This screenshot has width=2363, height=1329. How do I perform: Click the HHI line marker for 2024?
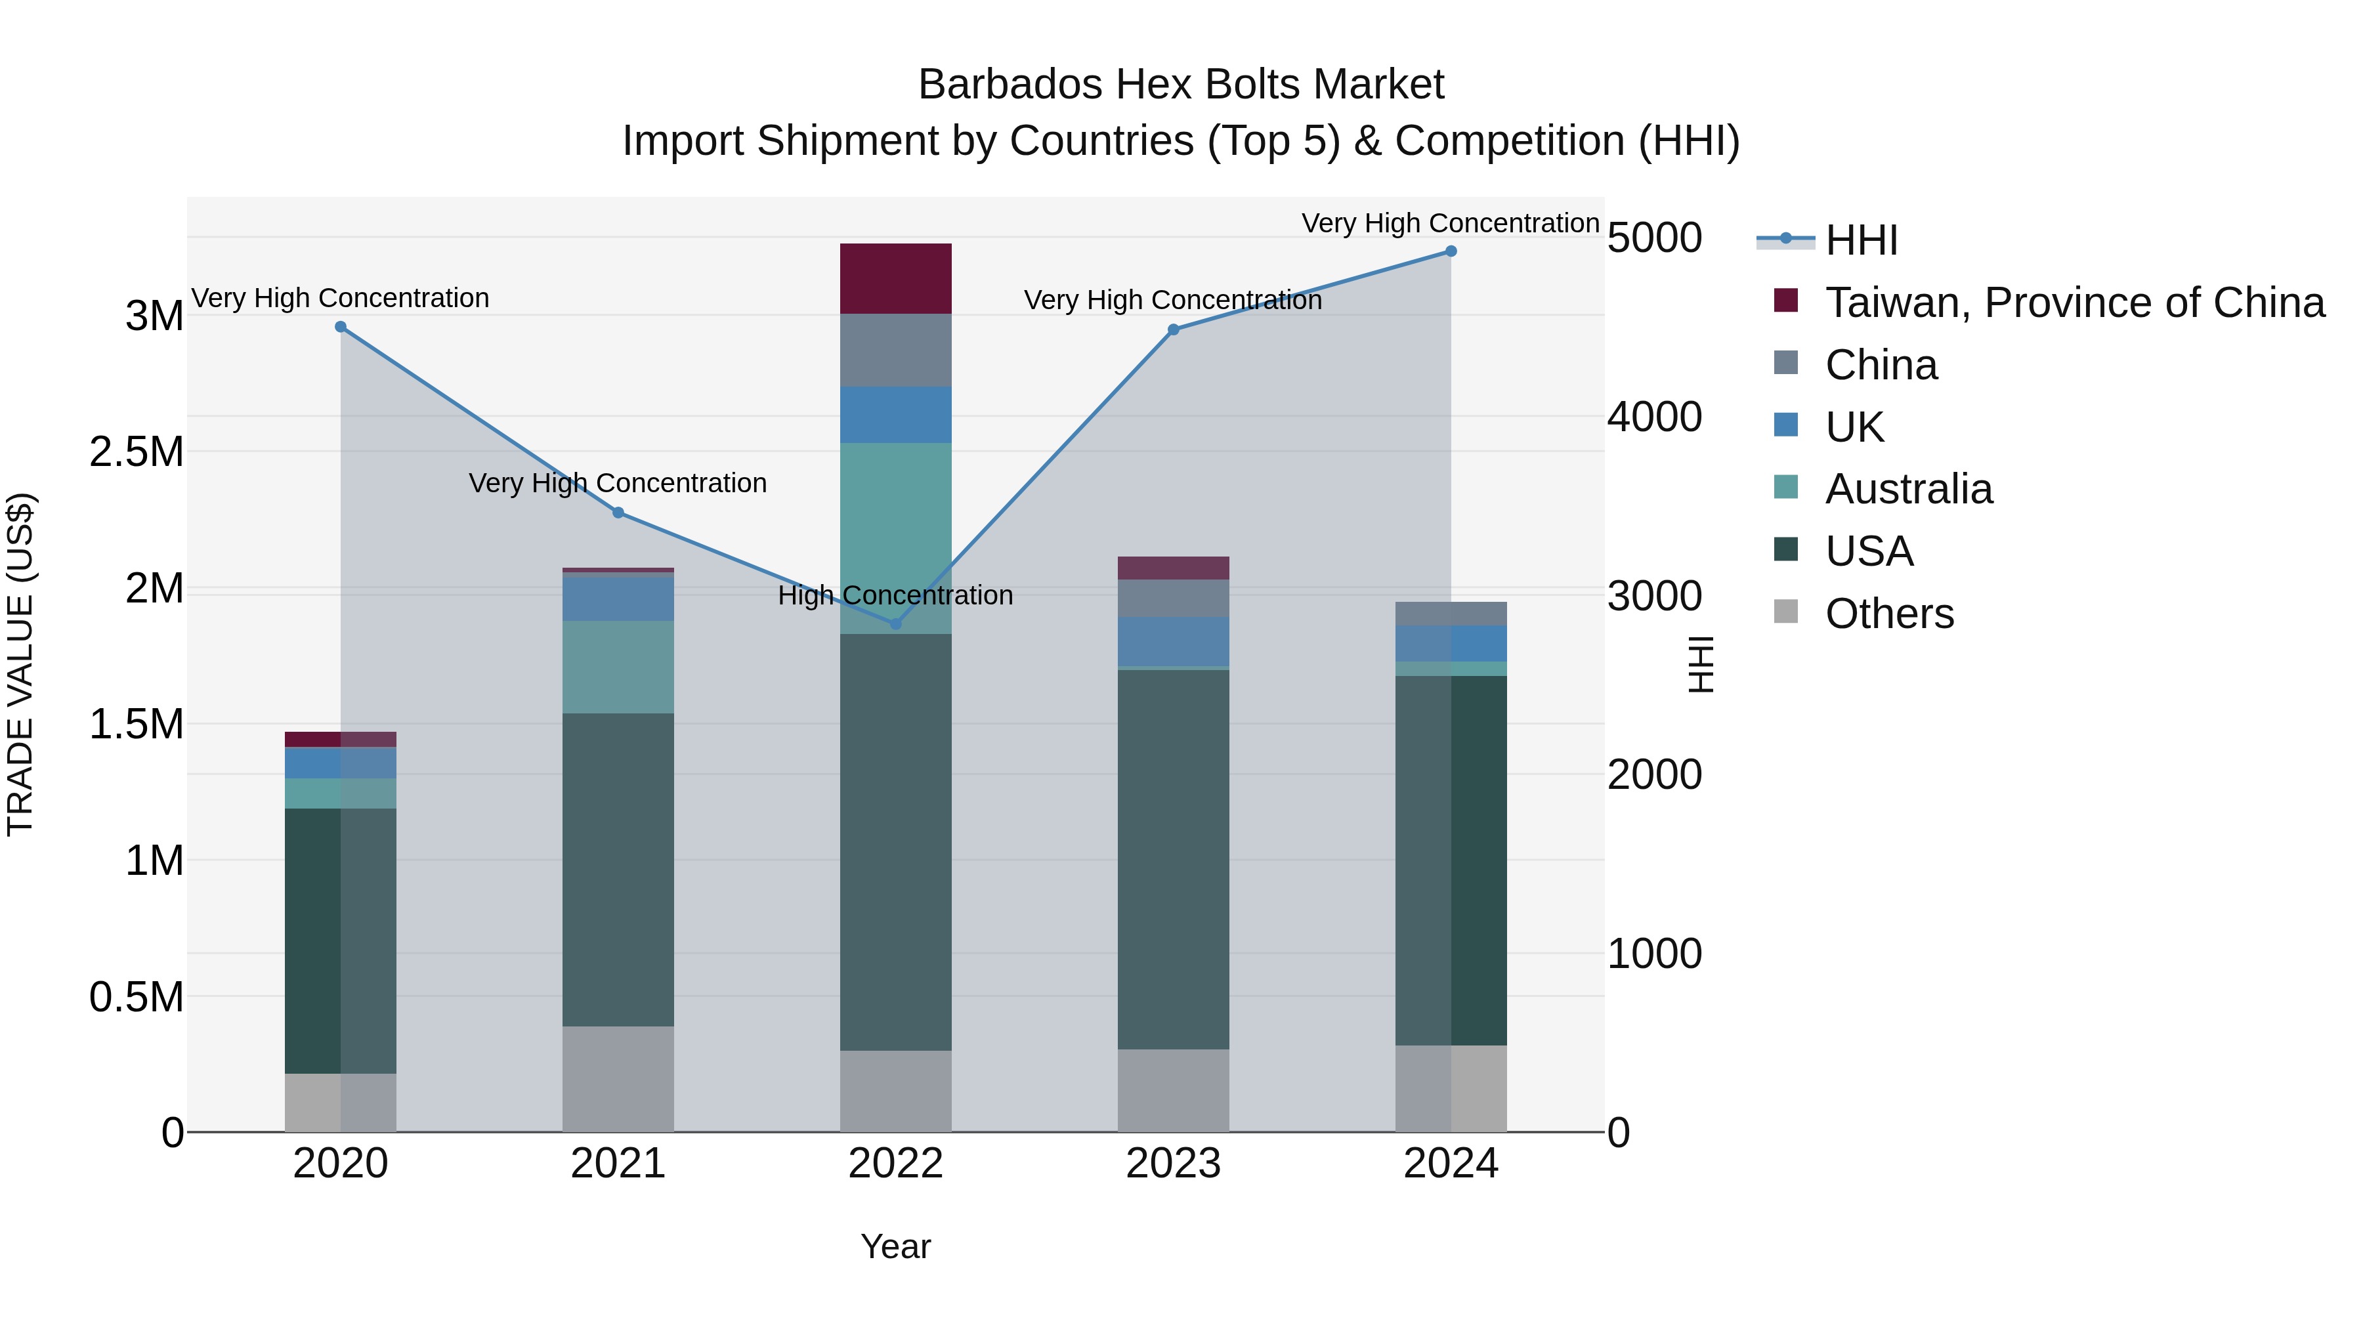(1450, 251)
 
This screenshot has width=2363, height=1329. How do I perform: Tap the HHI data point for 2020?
(340, 327)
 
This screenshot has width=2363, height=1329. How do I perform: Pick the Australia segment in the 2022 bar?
(896, 538)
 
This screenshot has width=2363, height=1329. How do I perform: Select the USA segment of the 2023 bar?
(1173, 859)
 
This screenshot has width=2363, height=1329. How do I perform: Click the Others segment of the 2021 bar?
(618, 1078)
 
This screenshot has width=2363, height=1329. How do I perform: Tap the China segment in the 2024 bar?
(1450, 614)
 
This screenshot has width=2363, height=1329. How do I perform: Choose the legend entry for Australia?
(1908, 489)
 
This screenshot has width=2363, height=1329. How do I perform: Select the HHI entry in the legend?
(1860, 240)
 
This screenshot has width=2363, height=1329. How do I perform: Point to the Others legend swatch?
(1786, 612)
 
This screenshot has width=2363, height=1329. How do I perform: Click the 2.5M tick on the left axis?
(136, 452)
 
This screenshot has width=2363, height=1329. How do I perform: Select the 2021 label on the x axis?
(618, 1164)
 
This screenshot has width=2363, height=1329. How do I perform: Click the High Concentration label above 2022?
(895, 595)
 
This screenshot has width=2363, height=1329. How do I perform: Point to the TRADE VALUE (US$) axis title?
(20, 664)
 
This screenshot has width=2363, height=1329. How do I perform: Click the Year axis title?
(895, 1246)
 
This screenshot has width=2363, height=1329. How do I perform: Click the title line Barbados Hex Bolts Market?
(1181, 85)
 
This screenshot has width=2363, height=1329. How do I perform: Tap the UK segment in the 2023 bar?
(1173, 641)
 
